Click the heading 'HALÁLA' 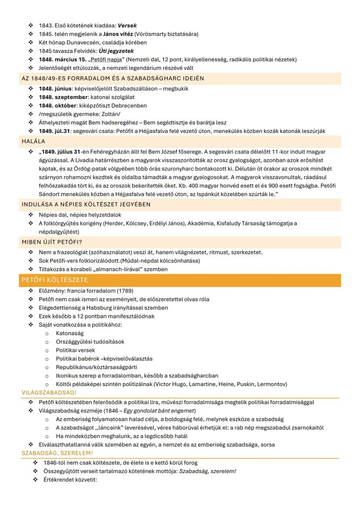33,141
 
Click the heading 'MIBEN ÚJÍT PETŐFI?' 49,242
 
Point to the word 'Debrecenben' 130,106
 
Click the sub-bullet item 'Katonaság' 70,333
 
